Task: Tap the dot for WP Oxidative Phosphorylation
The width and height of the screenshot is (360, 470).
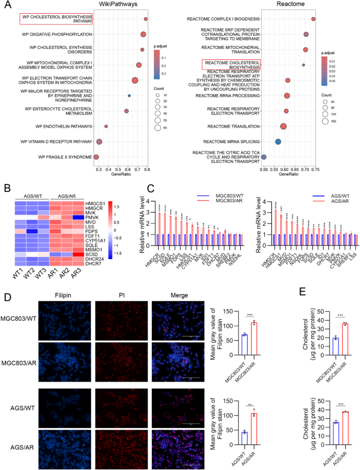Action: point(143,35)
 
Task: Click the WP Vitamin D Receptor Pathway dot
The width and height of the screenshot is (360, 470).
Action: point(99,142)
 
